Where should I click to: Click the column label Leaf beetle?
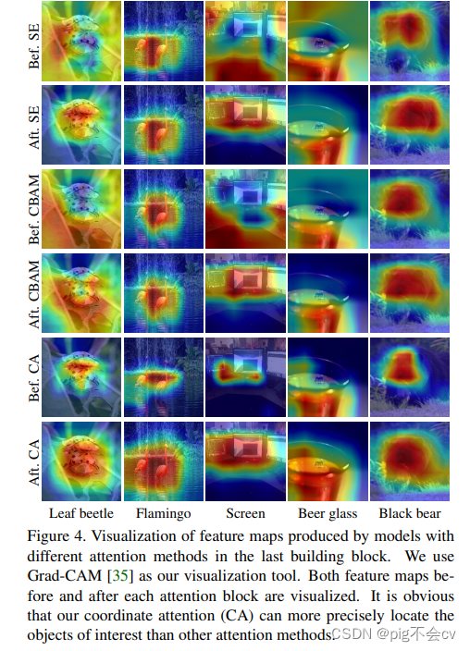tap(80, 513)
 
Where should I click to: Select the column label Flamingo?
tap(163, 513)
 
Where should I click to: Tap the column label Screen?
tap(245, 513)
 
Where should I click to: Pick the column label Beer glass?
tap(328, 513)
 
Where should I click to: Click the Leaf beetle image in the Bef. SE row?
tap(80, 42)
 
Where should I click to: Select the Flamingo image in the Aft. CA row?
tap(163, 461)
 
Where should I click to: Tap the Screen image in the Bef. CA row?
tap(245, 377)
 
